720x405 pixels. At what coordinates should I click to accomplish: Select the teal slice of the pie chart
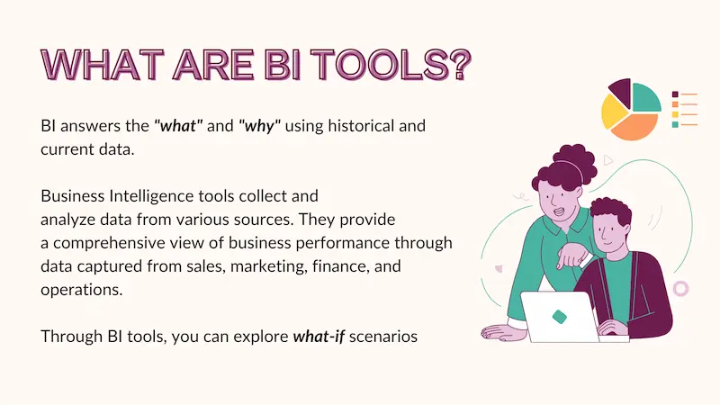(x=645, y=96)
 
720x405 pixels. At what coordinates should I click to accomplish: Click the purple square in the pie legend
(x=675, y=94)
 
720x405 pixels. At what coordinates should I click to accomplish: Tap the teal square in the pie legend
(x=675, y=124)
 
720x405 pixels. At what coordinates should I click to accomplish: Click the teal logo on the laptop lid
(x=559, y=316)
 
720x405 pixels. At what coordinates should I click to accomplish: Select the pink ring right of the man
(x=680, y=288)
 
